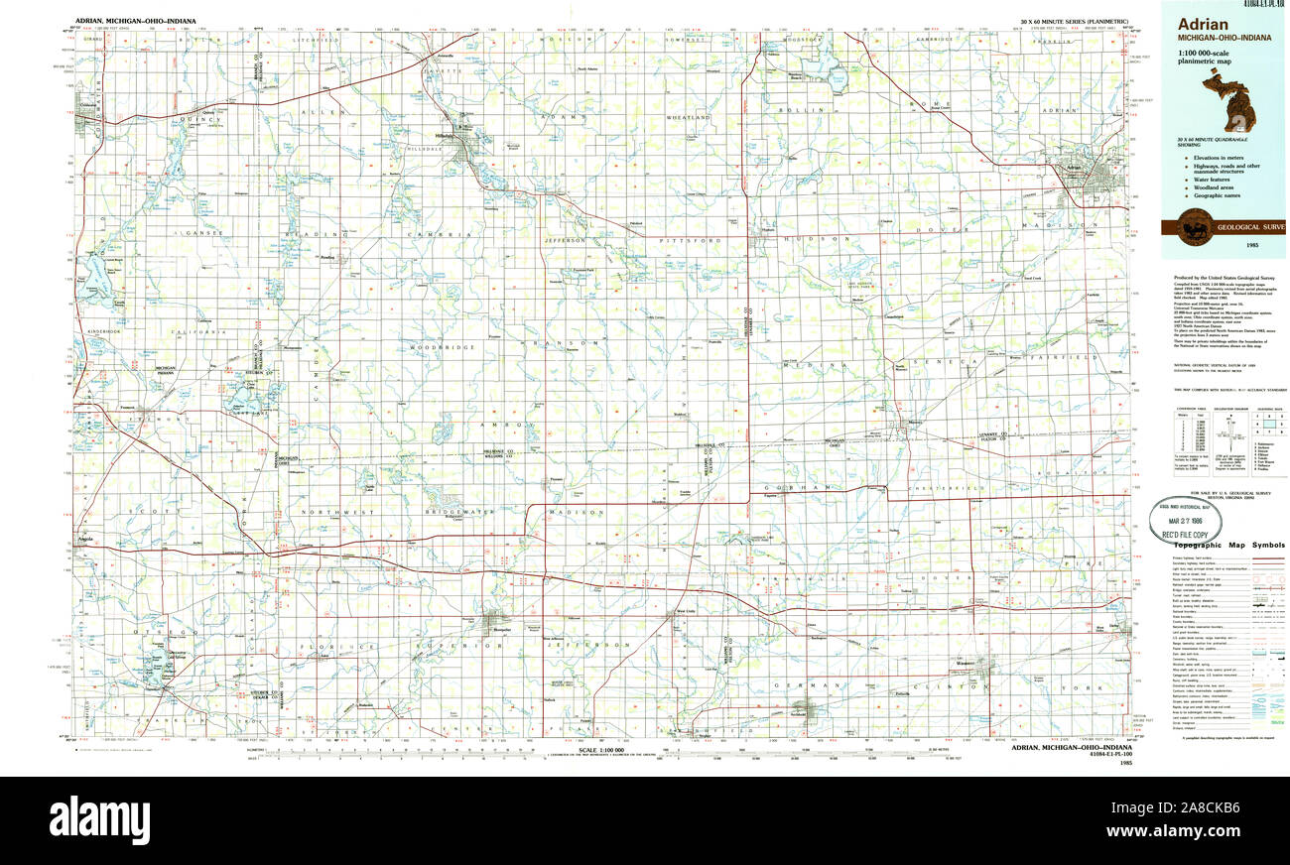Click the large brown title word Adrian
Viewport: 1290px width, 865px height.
pyautogui.click(x=1203, y=24)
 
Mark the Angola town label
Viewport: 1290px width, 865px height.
pyautogui.click(x=87, y=540)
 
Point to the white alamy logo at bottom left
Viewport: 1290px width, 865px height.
pyautogui.click(x=99, y=820)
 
